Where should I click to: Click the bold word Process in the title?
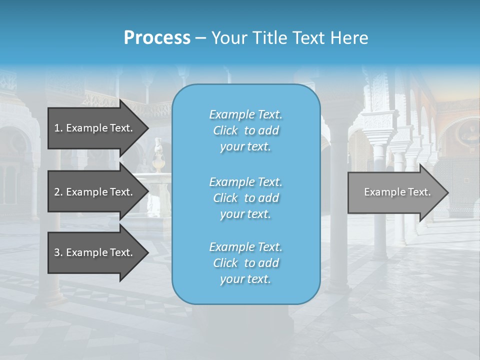(x=157, y=38)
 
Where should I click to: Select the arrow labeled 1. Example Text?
(x=95, y=128)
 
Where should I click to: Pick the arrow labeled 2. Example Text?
(x=95, y=192)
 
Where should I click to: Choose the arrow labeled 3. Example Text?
(x=95, y=252)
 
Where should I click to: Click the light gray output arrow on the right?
(x=395, y=192)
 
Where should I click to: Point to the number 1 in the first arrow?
(x=57, y=128)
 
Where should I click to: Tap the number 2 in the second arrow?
(x=57, y=192)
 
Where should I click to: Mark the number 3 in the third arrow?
(x=57, y=252)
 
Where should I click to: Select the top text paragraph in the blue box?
(x=245, y=130)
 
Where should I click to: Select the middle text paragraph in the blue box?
(x=245, y=198)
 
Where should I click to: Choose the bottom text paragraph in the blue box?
(x=245, y=263)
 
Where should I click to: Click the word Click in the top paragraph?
(x=225, y=130)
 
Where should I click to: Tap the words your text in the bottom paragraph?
(x=245, y=279)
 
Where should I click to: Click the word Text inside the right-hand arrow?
(x=419, y=192)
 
